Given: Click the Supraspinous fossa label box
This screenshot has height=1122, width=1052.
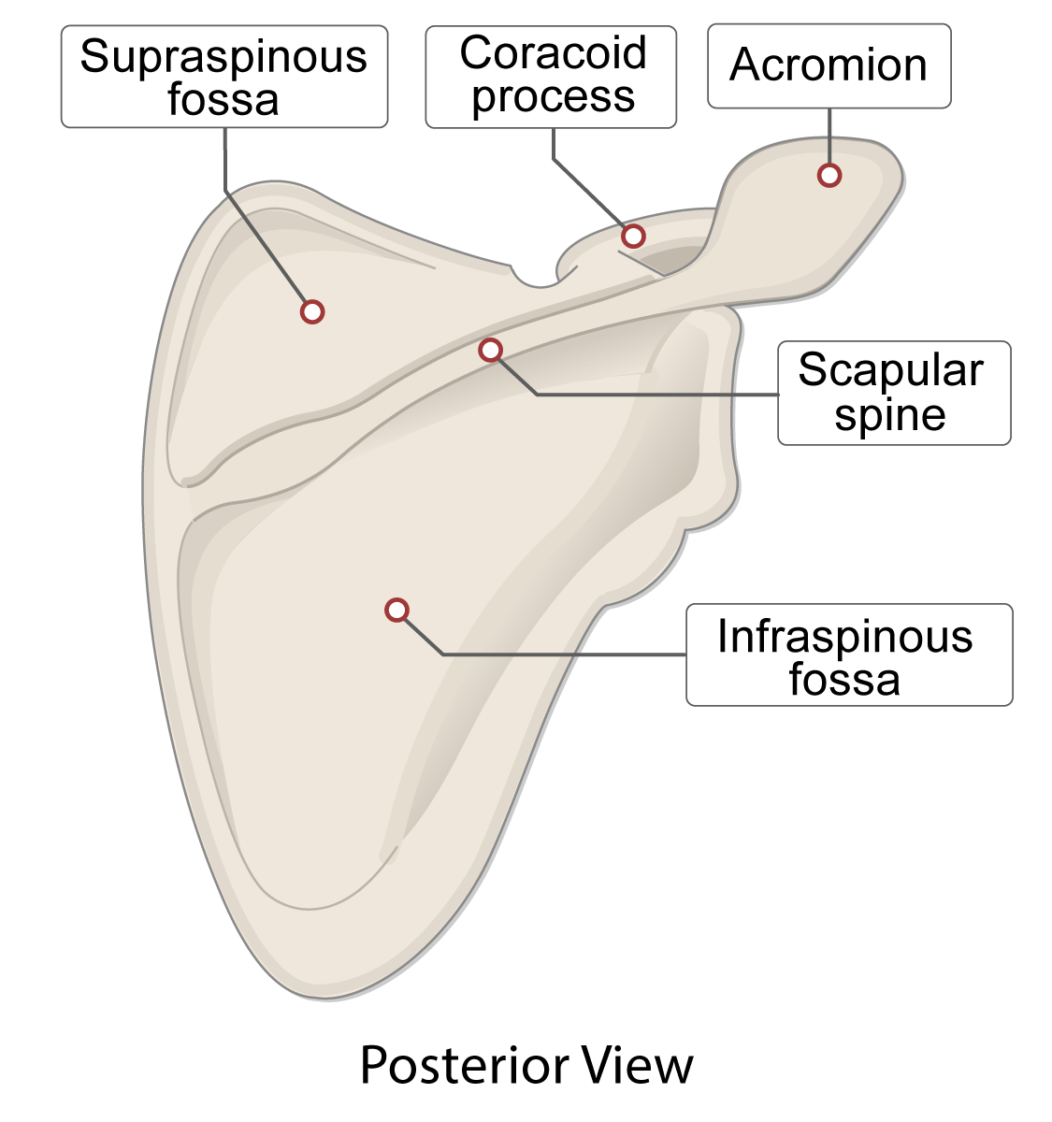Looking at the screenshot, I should (x=223, y=77).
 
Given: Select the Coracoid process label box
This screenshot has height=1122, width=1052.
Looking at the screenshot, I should (x=551, y=77).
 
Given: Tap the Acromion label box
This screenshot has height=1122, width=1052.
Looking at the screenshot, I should (x=829, y=65).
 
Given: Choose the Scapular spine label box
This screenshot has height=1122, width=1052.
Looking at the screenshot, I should (x=893, y=393).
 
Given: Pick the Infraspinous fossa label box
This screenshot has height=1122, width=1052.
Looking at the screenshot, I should (x=848, y=654).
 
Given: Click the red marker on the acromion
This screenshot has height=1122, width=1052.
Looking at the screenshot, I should (x=829, y=175).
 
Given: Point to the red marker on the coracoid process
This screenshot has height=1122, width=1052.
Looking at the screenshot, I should (x=633, y=236).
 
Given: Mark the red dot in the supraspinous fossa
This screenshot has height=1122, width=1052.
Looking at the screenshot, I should (x=312, y=311).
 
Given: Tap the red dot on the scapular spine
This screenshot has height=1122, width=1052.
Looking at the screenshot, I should (x=490, y=350).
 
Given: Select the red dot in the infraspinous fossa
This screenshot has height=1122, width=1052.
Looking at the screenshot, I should (x=397, y=611).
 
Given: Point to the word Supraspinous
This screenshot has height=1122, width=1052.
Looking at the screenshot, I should (x=223, y=58).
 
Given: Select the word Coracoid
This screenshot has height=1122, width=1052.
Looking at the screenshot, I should (x=553, y=53).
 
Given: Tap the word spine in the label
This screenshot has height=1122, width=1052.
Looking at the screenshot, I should (x=890, y=416).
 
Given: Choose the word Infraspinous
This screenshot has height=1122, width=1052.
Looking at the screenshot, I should (x=845, y=637).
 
